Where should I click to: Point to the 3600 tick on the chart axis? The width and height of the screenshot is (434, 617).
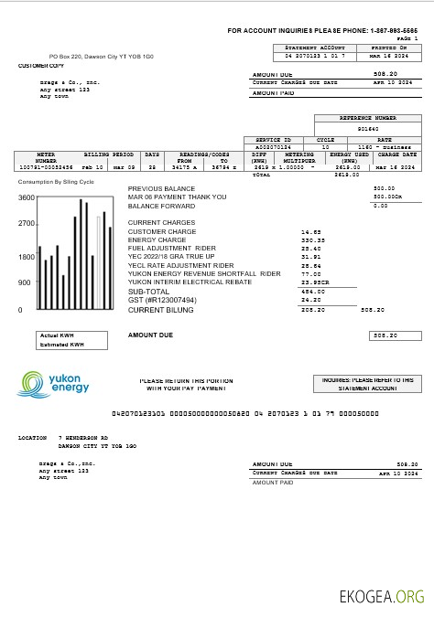click(27, 197)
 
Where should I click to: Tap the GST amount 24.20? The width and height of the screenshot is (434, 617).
click(311, 299)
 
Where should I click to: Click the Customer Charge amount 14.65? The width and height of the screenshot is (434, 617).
click(311, 232)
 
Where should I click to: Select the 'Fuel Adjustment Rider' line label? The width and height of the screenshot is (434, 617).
click(172, 249)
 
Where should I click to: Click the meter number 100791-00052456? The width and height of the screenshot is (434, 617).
click(45, 168)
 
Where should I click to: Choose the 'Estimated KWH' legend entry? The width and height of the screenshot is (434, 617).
click(61, 345)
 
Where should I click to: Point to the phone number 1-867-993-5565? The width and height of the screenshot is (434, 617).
click(393, 31)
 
